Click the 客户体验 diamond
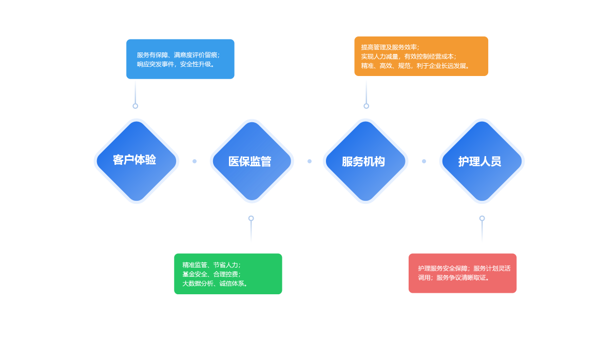point(136,161)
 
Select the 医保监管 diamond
point(252,161)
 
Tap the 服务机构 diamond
point(365,161)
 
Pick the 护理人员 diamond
point(482,161)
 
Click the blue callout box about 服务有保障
point(180,59)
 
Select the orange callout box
point(421,56)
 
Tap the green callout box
point(228,274)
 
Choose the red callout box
point(463,273)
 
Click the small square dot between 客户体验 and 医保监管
point(195,161)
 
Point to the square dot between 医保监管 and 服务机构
point(310,161)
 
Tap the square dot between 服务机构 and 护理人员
point(424,161)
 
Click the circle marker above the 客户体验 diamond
point(136,106)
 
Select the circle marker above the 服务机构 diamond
point(366,106)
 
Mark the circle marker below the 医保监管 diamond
point(251,218)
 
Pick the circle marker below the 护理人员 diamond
point(482,218)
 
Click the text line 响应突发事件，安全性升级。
point(176,64)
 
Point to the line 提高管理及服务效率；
point(390,47)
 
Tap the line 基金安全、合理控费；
point(211,274)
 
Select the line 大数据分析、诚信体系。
point(216,283)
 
